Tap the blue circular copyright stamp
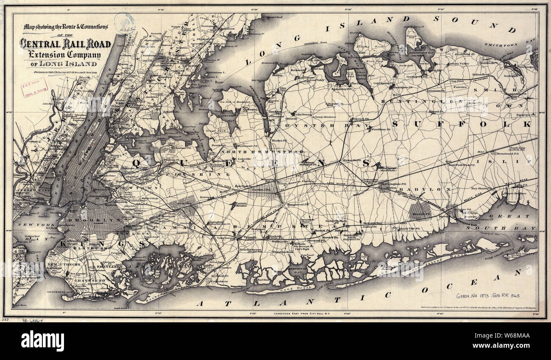tap(125, 23)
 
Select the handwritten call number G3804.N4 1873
tap(487, 295)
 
